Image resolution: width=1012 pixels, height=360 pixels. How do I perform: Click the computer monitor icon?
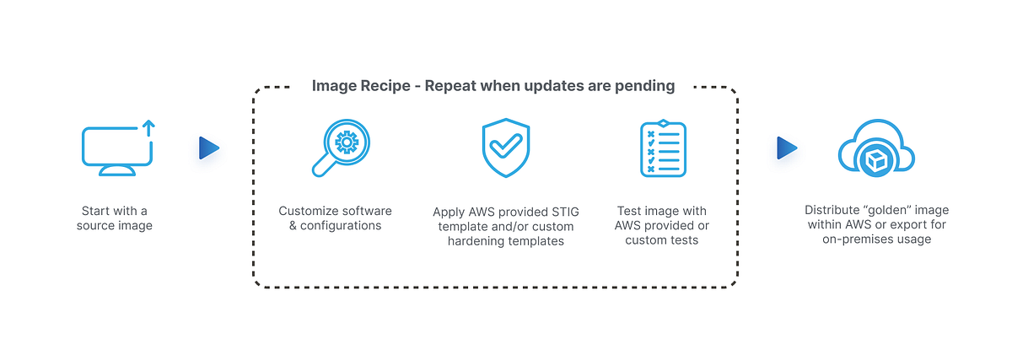tap(116, 148)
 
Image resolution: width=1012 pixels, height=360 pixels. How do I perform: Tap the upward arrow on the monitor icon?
tap(148, 128)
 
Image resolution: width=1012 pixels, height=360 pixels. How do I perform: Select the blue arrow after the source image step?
tap(208, 148)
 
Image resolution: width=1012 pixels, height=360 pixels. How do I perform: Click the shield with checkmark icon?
tap(505, 148)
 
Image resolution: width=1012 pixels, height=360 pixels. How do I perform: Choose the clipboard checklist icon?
tap(662, 148)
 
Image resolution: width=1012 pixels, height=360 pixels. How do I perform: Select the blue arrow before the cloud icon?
tap(786, 148)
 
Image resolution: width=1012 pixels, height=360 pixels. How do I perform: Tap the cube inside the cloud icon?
tap(876, 159)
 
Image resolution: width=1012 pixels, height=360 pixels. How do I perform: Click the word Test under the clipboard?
tap(632, 211)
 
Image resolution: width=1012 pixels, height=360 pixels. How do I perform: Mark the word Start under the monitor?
tap(96, 211)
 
